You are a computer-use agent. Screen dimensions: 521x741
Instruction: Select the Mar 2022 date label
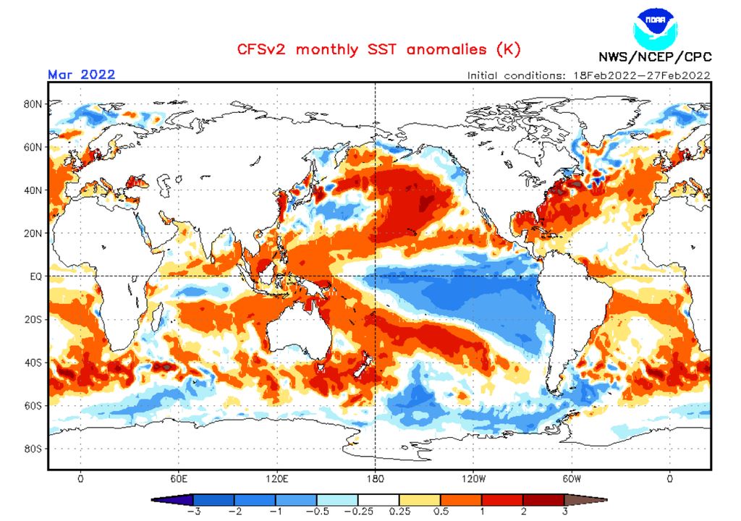(82, 75)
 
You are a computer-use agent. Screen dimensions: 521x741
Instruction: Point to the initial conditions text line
(588, 75)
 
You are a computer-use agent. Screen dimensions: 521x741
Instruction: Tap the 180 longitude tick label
(375, 478)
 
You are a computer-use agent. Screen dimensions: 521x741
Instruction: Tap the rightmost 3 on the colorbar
(565, 511)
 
